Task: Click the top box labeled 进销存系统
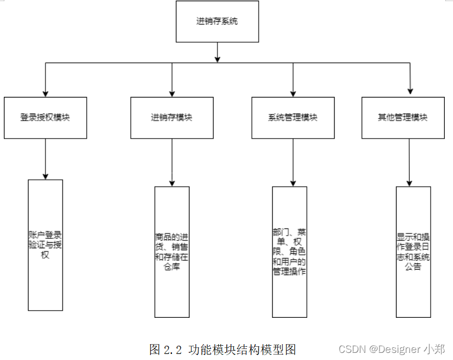click(x=217, y=22)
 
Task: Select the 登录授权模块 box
click(x=45, y=118)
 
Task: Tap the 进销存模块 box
click(x=172, y=118)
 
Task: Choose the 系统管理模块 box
click(x=293, y=118)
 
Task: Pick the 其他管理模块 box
click(x=403, y=118)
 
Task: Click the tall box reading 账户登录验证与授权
click(x=45, y=245)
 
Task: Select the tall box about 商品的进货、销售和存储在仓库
click(x=172, y=252)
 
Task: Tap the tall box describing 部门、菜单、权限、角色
click(x=290, y=252)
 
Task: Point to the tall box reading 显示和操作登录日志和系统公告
click(x=413, y=252)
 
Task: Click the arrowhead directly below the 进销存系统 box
click(x=217, y=59)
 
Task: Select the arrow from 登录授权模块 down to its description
click(x=45, y=159)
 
